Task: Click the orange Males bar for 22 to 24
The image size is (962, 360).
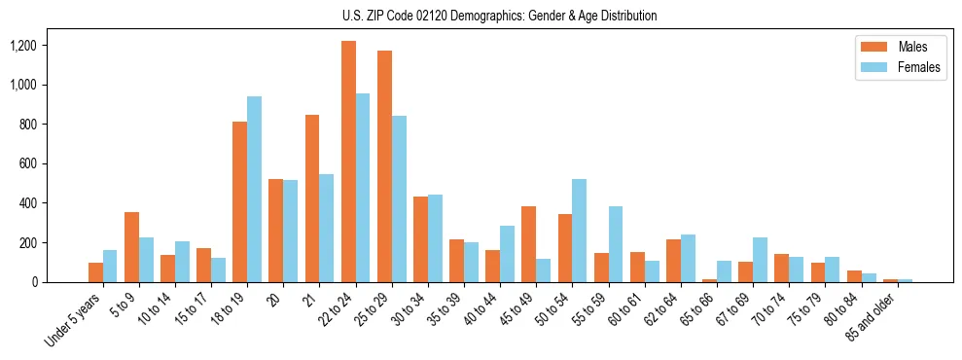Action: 348,162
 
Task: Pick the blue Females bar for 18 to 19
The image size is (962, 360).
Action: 254,190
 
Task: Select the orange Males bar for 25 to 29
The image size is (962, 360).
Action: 384,166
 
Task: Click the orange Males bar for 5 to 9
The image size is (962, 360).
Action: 131,247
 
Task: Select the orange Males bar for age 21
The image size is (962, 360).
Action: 312,198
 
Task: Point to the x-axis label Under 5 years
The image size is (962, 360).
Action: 74,320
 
